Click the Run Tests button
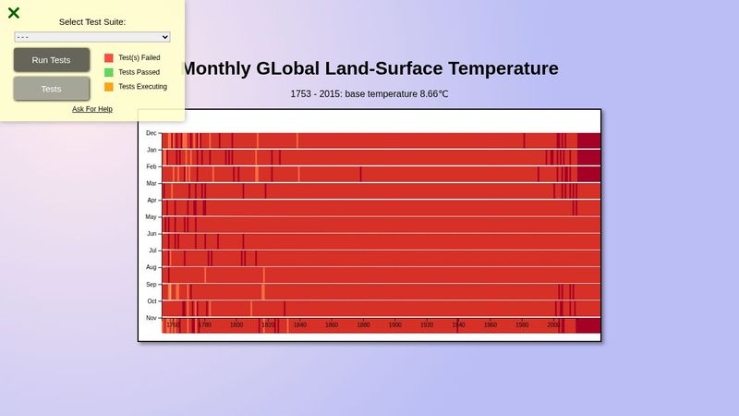click(x=51, y=60)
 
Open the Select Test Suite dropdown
click(x=92, y=37)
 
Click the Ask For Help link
click(x=92, y=109)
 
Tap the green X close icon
click(x=14, y=13)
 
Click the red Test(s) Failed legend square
click(x=109, y=57)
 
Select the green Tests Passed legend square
click(x=109, y=72)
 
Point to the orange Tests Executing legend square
click(x=109, y=87)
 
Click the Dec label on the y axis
click(x=151, y=133)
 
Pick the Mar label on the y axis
click(x=151, y=183)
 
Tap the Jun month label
click(x=151, y=234)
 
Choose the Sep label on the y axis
click(x=151, y=285)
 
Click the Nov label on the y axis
click(x=151, y=318)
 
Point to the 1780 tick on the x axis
click(x=205, y=325)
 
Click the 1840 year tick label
click(x=300, y=325)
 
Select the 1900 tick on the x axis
click(x=395, y=325)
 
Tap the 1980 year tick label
click(x=522, y=325)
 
